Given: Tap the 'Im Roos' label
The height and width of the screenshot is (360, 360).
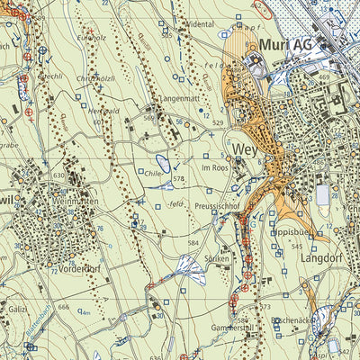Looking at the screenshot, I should tap(216, 168).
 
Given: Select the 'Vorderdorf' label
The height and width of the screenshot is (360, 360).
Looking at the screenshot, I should tap(77, 268).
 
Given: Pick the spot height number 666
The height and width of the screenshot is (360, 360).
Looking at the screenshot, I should tap(63, 308).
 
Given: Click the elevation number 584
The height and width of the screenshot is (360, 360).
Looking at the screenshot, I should tap(193, 243).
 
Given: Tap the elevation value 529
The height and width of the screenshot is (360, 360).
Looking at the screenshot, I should tap(217, 121).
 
